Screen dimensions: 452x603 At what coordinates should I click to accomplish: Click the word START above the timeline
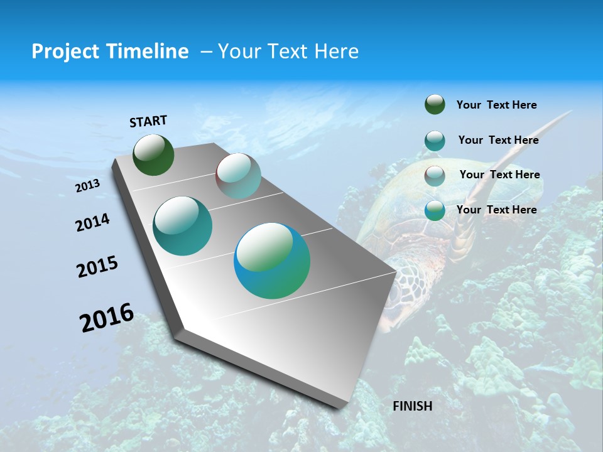(148, 121)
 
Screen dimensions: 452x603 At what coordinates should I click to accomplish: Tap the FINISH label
(412, 406)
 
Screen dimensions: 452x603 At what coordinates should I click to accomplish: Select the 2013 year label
(87, 186)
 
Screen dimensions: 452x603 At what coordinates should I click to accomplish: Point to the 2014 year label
(92, 222)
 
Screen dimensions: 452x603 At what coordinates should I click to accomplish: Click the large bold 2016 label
(107, 318)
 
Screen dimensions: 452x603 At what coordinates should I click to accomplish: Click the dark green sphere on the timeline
(153, 155)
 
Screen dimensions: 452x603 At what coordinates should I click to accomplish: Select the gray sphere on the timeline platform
(238, 176)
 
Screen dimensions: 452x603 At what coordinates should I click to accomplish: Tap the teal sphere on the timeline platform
(182, 226)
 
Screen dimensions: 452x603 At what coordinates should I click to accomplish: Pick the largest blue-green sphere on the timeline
(272, 261)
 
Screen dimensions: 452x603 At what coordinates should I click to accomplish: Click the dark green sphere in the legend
(435, 105)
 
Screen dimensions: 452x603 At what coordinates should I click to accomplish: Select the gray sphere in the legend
(435, 176)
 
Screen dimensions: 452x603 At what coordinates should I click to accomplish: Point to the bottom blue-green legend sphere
(435, 211)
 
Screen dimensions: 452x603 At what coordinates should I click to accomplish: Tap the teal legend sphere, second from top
(435, 141)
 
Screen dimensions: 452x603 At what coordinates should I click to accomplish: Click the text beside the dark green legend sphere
(496, 105)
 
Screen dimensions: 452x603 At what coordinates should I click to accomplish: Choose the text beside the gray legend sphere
(499, 175)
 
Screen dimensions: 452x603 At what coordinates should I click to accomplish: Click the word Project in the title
(65, 51)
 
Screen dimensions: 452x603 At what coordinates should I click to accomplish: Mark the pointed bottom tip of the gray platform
(339, 408)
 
